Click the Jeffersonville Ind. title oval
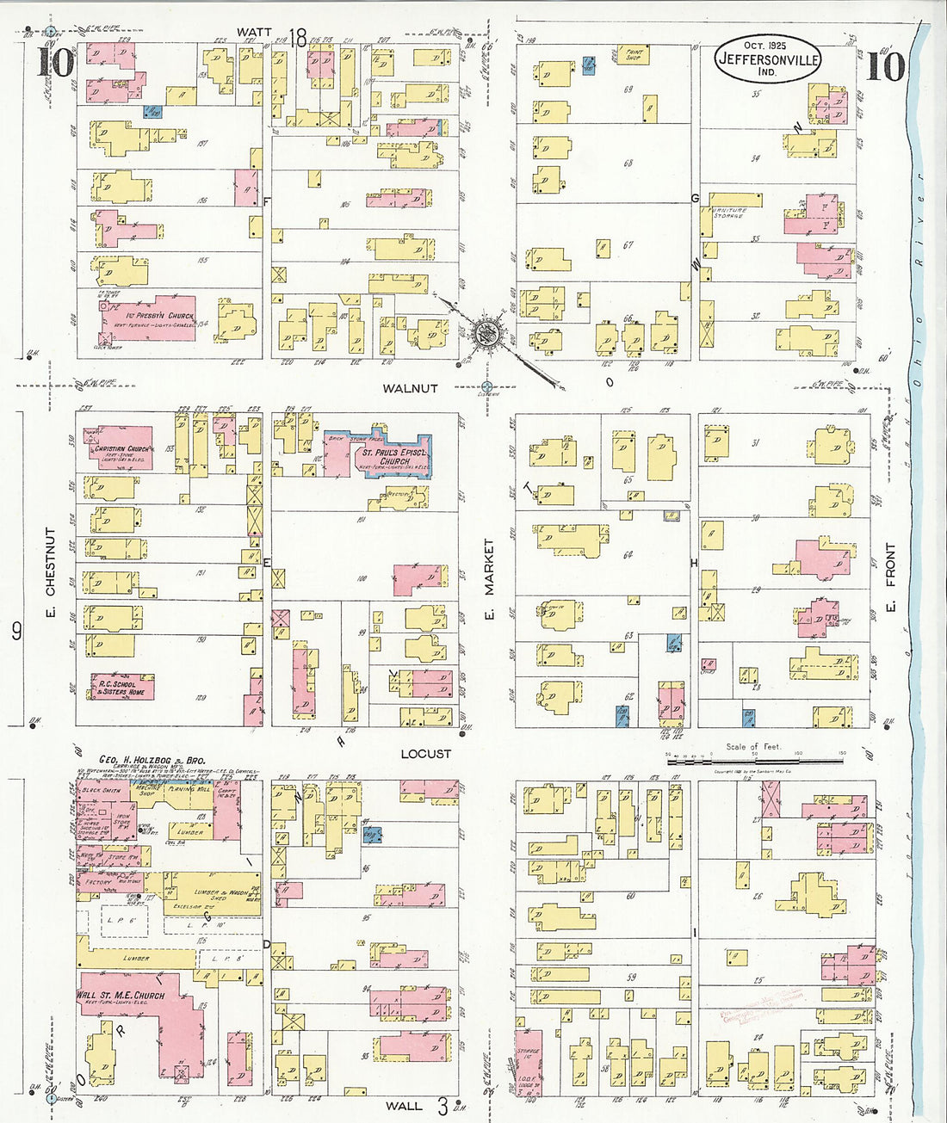(767, 60)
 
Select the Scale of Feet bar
(754, 760)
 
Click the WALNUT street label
(410, 388)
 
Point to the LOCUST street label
(425, 754)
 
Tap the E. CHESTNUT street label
(50, 561)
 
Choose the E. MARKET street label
(489, 566)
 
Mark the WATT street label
(255, 33)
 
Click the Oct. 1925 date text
(766, 45)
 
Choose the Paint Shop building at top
(633, 55)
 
